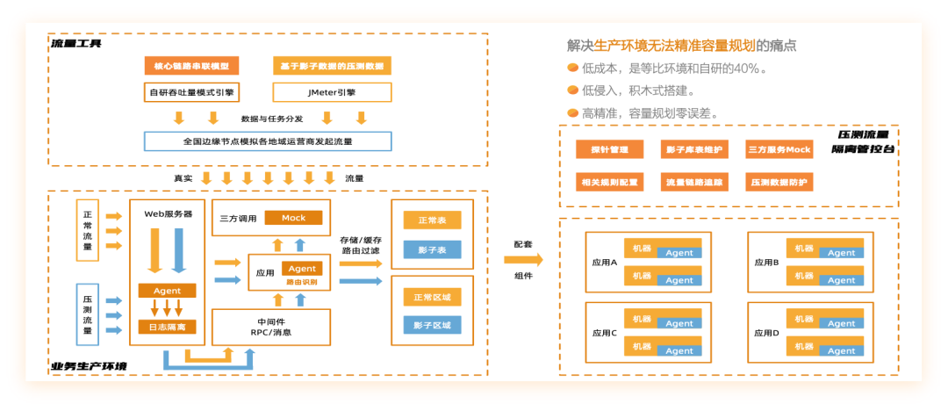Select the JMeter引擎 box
point(332,92)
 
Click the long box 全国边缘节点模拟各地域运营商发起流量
point(268,141)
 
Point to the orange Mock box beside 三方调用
point(293,218)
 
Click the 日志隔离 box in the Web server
point(167,328)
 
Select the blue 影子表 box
point(432,250)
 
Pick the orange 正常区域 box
point(432,298)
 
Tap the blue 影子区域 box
point(432,325)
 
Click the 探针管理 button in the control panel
point(609,150)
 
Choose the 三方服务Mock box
point(779,150)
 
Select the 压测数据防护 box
point(779,183)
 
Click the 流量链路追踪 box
point(693,183)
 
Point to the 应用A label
point(605,262)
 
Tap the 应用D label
point(766,334)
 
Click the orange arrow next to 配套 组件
point(523,260)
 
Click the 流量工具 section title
point(75,43)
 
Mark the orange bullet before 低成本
point(572,68)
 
